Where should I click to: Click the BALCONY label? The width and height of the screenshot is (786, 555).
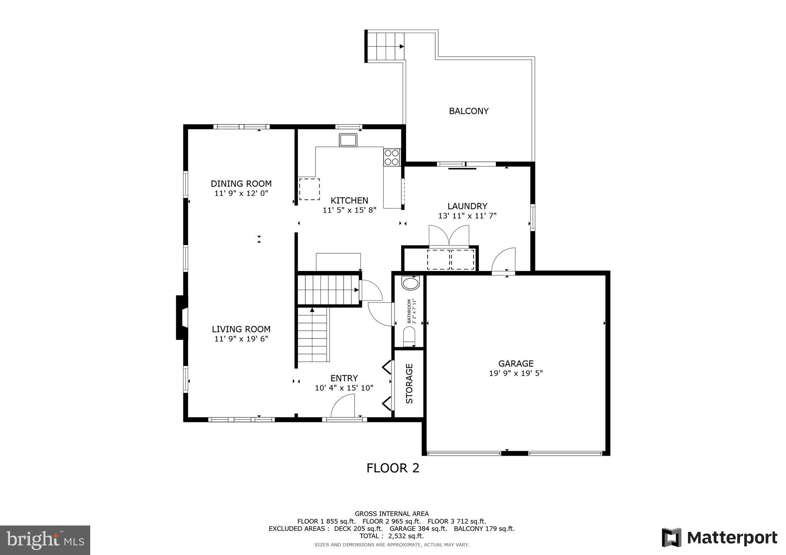coord(469,111)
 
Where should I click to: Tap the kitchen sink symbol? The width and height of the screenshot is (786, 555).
coord(348,140)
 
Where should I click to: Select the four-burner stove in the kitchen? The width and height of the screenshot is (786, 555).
coord(392,157)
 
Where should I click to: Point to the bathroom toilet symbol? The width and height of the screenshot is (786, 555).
coord(409,336)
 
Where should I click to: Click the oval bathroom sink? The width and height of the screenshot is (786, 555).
coord(410,284)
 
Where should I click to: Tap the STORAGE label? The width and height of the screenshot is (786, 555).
coord(410,383)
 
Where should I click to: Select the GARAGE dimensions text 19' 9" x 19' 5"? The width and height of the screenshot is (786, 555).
coord(516,373)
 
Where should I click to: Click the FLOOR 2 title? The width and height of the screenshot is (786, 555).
coord(393,468)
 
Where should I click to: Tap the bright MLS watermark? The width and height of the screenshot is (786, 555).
coord(45,540)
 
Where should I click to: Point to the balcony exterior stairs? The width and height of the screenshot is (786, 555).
coord(385,46)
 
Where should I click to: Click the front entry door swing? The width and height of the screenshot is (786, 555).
coord(343,406)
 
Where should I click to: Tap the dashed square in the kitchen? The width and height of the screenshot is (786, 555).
coord(309,189)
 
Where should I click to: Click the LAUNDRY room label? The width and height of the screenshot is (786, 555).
coord(467,206)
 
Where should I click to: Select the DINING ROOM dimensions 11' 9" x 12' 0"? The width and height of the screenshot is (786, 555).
coord(241,193)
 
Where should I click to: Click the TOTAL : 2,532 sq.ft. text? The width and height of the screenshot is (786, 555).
coord(391,536)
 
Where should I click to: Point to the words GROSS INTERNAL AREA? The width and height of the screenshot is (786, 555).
coord(391,514)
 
